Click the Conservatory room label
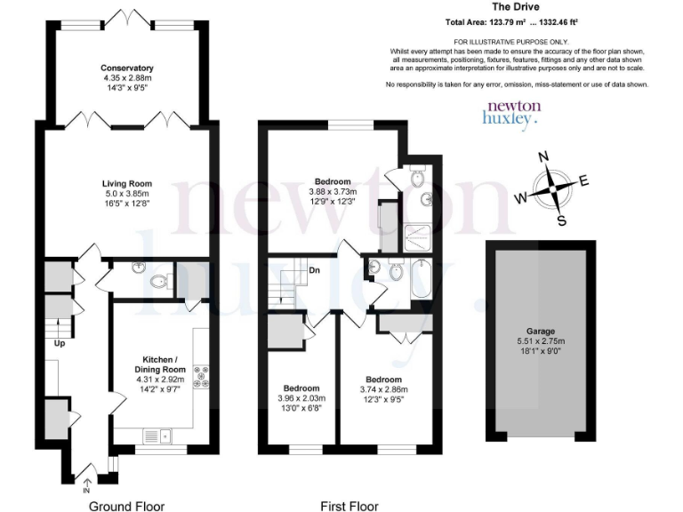click(x=127, y=68)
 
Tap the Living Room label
click(x=127, y=184)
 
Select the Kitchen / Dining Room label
click(x=160, y=363)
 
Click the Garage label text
click(x=540, y=327)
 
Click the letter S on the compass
click(x=560, y=220)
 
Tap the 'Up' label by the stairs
click(x=60, y=342)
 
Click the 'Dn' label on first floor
click(x=314, y=270)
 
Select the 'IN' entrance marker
click(x=86, y=490)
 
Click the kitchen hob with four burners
click(x=201, y=377)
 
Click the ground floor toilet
click(x=159, y=283)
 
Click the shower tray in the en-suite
click(x=415, y=233)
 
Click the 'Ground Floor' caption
click(x=126, y=506)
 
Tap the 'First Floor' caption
click(x=350, y=506)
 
